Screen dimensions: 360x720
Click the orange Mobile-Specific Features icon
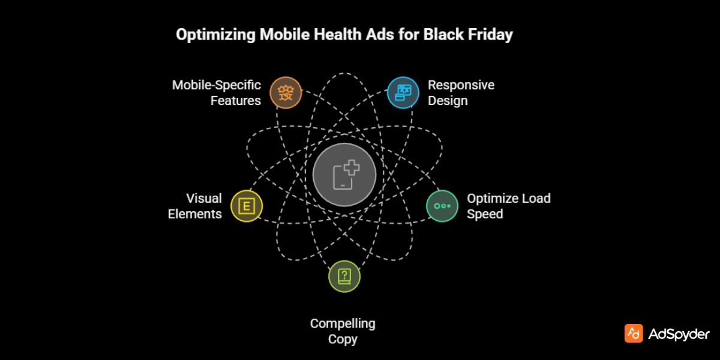[285, 92]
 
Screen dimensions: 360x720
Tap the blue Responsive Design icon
[403, 92]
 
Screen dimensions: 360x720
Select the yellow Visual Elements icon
[246, 206]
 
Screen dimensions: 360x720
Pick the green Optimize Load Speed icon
[442, 206]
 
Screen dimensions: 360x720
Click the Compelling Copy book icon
[344, 276]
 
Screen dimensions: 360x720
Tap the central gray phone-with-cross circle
[344, 176]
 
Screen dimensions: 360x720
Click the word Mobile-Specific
[217, 85]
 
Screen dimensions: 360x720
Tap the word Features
[236, 100]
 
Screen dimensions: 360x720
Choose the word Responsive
[461, 85]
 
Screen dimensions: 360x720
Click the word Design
[448, 100]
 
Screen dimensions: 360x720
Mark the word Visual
[204, 198]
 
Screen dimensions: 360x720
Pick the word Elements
[195, 214]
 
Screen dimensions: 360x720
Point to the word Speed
[485, 214]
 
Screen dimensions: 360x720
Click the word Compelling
[343, 323]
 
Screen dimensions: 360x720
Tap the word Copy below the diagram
[343, 339]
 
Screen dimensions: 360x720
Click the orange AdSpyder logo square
[634, 334]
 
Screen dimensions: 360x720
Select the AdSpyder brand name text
[679, 334]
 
